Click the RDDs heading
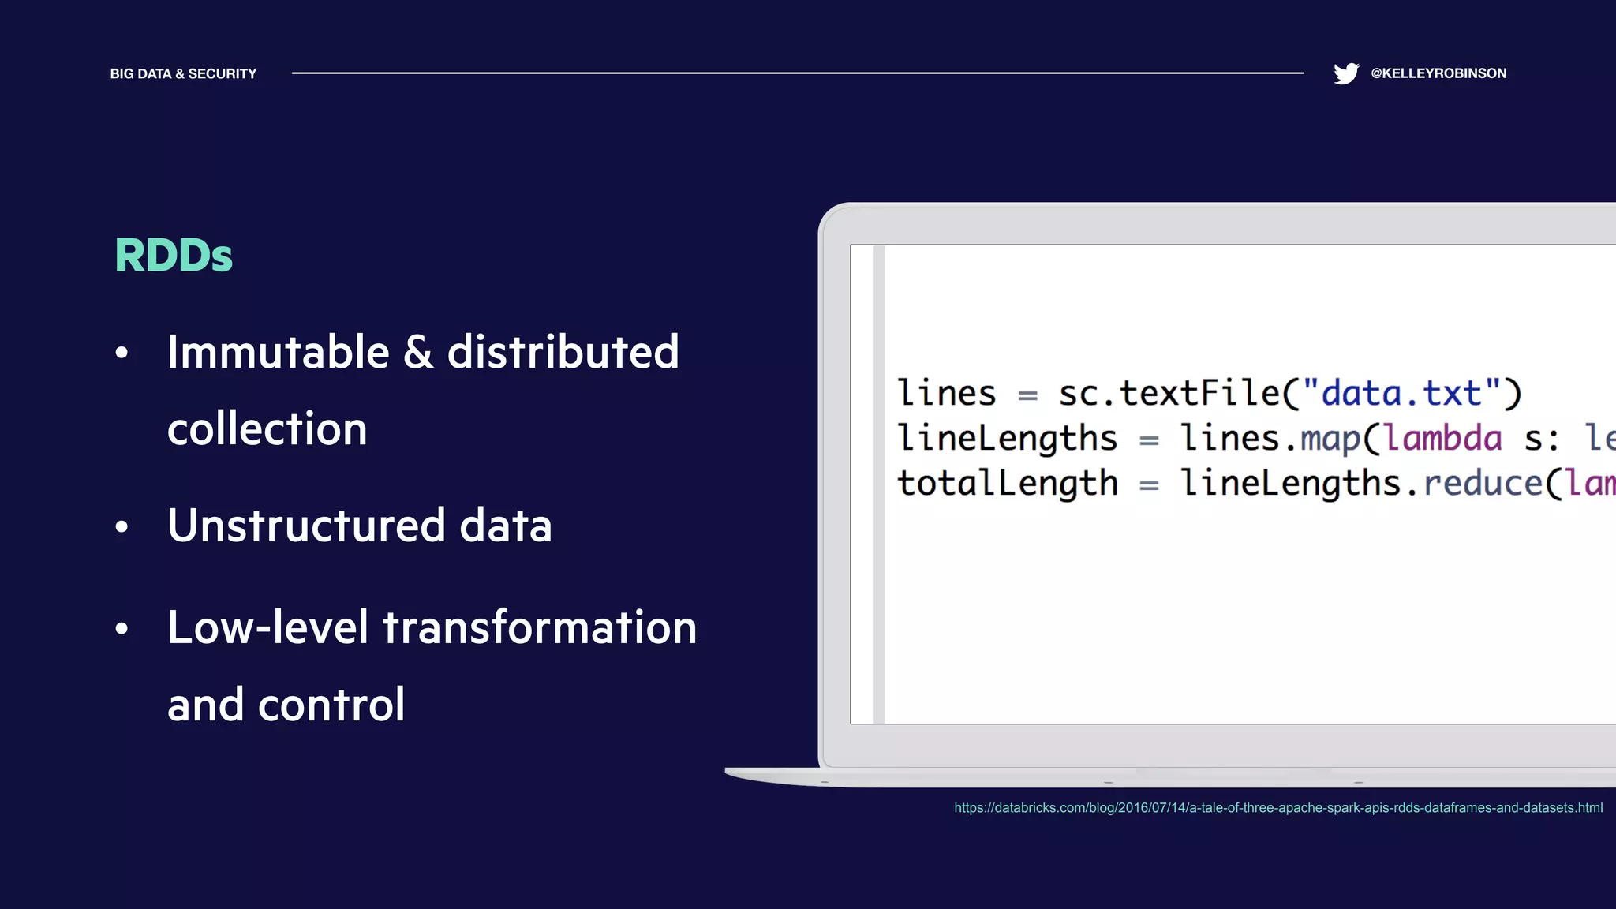pyautogui.click(x=174, y=256)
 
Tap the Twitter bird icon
pyautogui.click(x=1346, y=73)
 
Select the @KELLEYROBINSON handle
pyautogui.click(x=1438, y=73)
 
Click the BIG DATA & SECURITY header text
pyautogui.click(x=183, y=73)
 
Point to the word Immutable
pyautogui.click(x=279, y=352)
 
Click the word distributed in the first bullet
pyautogui.click(x=563, y=352)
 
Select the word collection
pyautogui.click(x=267, y=429)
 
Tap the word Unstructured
pyautogui.click(x=306, y=526)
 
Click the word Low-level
pyautogui.click(x=268, y=628)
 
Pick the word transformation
pyautogui.click(x=540, y=628)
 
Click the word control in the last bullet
pyautogui.click(x=331, y=705)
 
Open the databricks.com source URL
pyautogui.click(x=1278, y=808)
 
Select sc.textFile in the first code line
pyautogui.click(x=1168, y=393)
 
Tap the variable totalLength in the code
pyautogui.click(x=1008, y=483)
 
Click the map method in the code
pyautogui.click(x=1330, y=439)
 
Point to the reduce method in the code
pyautogui.click(x=1482, y=483)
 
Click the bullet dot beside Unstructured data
pyautogui.click(x=122, y=526)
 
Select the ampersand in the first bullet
pyautogui.click(x=418, y=352)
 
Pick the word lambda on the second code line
pyautogui.click(x=1443, y=439)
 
